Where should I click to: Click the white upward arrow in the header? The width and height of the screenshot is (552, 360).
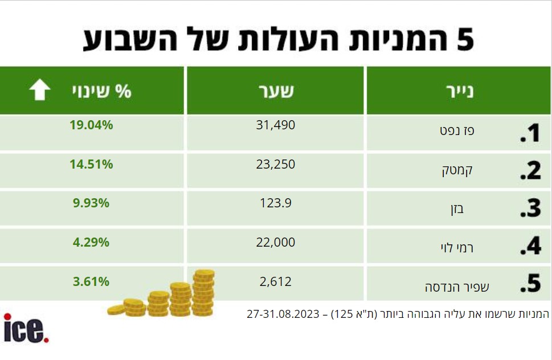[40, 89]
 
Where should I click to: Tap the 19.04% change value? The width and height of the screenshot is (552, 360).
[91, 125]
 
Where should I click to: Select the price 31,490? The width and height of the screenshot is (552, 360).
[276, 125]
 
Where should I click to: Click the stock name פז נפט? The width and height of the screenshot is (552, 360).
[457, 130]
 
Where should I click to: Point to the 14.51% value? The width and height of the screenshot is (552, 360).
[91, 164]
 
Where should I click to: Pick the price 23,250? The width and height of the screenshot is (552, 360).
[276, 165]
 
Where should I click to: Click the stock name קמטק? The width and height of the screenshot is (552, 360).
[457, 171]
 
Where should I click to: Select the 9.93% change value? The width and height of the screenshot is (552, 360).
[91, 203]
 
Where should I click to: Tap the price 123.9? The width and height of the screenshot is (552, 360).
[276, 203]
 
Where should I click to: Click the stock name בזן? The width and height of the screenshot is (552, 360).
[457, 210]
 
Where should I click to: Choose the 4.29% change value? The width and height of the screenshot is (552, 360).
[91, 242]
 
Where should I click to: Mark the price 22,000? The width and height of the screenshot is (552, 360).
[276, 243]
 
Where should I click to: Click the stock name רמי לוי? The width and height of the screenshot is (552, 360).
[457, 248]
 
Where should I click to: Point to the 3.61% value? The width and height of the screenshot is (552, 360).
[91, 281]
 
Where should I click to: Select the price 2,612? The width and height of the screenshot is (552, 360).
[276, 282]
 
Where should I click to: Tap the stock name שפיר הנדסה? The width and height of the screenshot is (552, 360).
[457, 287]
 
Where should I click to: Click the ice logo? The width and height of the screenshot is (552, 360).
[26, 328]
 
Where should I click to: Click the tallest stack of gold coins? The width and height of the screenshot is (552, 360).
[203, 292]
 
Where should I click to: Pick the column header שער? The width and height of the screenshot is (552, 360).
[276, 91]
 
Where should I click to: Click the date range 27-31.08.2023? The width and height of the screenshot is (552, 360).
[283, 313]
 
